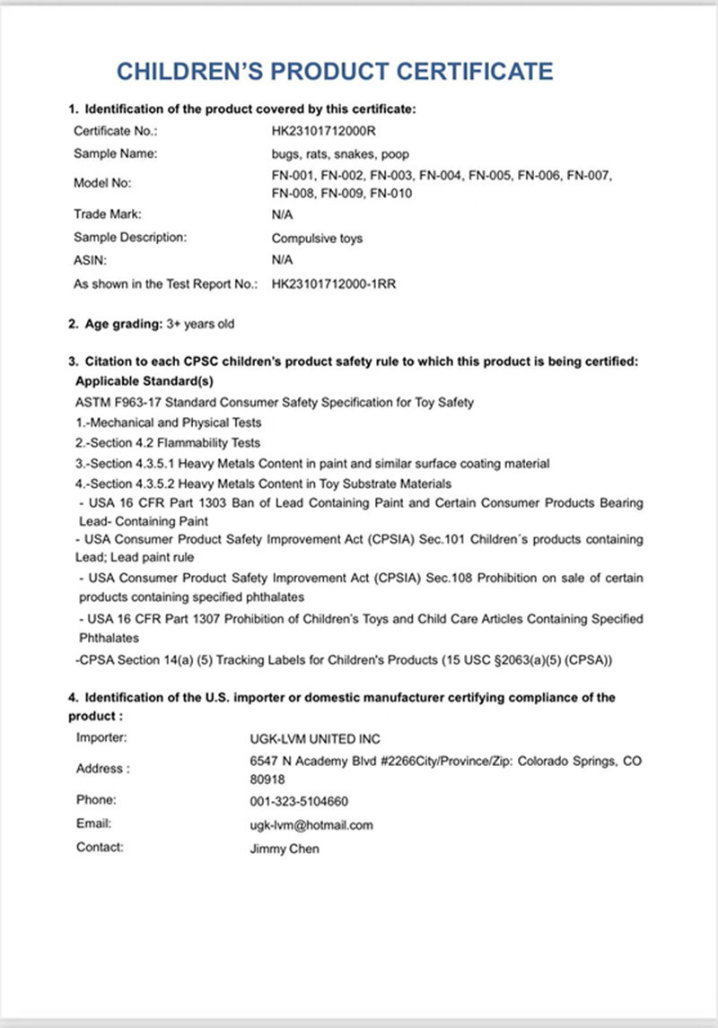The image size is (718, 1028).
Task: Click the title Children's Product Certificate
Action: [x=336, y=71]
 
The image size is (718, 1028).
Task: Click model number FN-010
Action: [x=391, y=193]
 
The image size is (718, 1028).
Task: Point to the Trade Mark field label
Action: [x=108, y=214]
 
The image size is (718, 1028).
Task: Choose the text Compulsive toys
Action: [x=317, y=239]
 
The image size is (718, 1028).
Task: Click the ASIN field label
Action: [x=90, y=261]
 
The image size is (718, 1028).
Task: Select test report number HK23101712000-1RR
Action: [x=334, y=284]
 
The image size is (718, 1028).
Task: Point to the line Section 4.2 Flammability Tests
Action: [x=168, y=442]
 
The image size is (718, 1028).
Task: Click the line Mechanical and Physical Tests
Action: [x=169, y=422]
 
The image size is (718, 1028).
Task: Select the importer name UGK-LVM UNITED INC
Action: [x=314, y=739]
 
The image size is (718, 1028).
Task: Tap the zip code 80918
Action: [x=267, y=779]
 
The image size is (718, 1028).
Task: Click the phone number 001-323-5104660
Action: [x=299, y=801]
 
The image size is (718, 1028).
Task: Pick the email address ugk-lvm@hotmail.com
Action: [x=311, y=824]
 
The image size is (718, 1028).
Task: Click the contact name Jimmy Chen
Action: [x=284, y=848]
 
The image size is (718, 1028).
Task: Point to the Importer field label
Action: [x=101, y=738]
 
